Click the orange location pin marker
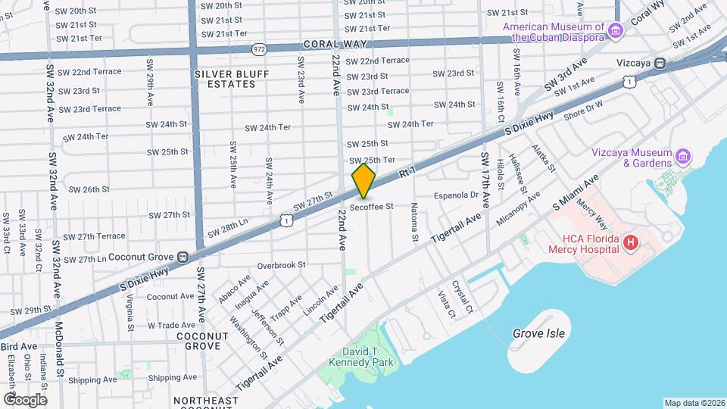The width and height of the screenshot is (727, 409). tap(364, 180)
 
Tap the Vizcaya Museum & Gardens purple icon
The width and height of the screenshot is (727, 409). tap(684, 157)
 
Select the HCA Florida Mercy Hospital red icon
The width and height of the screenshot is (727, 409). tap(630, 242)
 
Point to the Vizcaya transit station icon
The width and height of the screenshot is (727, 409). tap(660, 64)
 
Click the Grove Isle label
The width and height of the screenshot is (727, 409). tap(538, 333)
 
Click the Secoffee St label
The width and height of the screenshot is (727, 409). tap(372, 206)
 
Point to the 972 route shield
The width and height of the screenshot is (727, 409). tap(260, 48)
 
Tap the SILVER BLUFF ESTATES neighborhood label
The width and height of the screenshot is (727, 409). tap(225, 79)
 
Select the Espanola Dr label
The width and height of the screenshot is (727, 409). tap(456, 195)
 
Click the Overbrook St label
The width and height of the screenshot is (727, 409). tap(280, 265)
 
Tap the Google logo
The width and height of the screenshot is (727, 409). tap(24, 399)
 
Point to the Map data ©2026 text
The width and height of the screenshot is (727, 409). tap(694, 403)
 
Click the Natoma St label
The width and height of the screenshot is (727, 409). tap(415, 222)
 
